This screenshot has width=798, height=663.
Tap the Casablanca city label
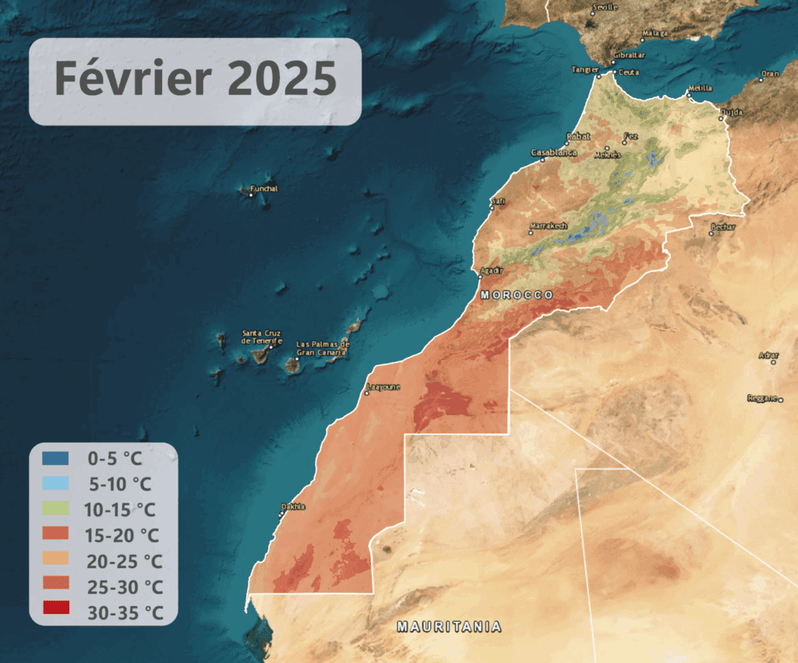[554, 153]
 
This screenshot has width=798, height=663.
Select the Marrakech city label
[549, 226]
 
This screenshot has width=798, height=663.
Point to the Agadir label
[493, 270]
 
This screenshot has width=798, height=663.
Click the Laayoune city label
[383, 386]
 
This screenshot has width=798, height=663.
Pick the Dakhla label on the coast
[293, 506]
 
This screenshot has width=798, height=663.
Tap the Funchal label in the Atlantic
[263, 189]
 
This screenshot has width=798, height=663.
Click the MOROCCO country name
[517, 295]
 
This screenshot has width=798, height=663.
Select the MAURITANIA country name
[449, 626]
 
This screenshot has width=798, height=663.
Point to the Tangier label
[584, 69]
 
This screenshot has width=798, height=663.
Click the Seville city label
[605, 7]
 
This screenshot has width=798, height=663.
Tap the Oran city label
[770, 74]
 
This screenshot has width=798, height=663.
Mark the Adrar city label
[768, 356]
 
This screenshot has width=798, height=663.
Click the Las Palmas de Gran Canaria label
[323, 348]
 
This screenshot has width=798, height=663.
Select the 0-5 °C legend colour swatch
[56, 457]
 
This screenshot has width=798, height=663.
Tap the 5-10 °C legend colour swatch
[56, 483]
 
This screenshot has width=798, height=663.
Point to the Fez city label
[630, 136]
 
